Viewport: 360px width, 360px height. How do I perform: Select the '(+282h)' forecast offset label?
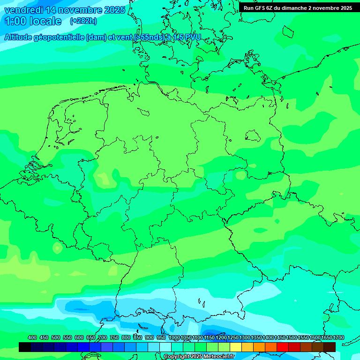(83, 21)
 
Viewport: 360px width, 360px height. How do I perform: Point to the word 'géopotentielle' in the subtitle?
(60, 37)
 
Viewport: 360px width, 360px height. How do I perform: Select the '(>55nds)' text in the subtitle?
(149, 37)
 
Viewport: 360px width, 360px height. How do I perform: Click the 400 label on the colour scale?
(32, 337)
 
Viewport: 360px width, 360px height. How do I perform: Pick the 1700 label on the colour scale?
(338, 337)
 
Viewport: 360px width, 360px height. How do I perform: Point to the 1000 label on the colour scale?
(174, 337)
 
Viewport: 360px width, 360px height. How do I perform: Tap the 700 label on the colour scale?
(103, 337)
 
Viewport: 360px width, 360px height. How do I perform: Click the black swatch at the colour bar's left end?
(25, 347)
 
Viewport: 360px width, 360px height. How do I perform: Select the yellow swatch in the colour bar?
(236, 347)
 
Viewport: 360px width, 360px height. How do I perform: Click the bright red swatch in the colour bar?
(283, 347)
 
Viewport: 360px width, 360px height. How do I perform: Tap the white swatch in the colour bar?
(165, 347)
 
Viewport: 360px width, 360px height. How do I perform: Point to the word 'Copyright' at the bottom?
(177, 357)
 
